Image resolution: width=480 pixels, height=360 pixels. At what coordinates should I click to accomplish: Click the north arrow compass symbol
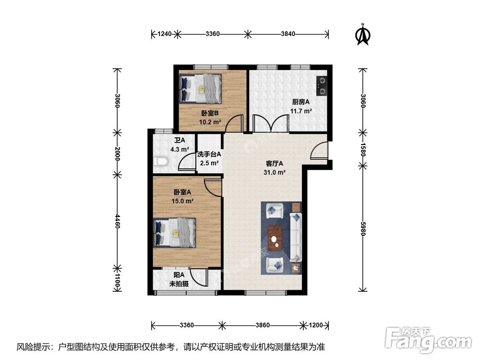point(363,34)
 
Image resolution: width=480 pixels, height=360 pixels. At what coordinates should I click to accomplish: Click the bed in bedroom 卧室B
point(201,88)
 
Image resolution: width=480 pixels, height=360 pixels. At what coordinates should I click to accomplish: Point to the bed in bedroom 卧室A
point(175,232)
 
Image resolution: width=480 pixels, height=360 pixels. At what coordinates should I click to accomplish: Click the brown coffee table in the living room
point(275,239)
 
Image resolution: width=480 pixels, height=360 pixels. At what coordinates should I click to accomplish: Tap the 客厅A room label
point(275,164)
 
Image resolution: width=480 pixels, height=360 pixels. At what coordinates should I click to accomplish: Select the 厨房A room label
point(301,102)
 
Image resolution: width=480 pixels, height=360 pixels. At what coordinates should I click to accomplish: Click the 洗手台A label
point(209,155)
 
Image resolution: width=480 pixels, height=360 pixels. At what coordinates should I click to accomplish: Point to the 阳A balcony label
point(179,275)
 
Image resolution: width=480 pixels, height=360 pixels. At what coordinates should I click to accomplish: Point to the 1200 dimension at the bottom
point(315,325)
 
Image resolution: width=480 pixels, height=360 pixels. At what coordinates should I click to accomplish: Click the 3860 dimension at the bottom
point(262,325)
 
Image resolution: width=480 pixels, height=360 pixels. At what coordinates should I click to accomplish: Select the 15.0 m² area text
point(183,201)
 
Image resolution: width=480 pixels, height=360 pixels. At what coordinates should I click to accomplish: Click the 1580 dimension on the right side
point(363,149)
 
